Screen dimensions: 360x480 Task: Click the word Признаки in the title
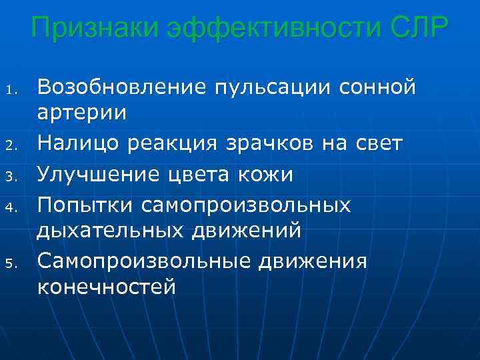(x=93, y=29)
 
